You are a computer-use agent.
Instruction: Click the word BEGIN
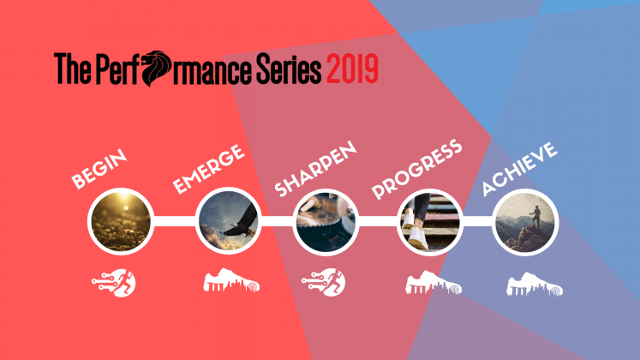99,169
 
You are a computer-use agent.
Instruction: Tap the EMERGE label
208,169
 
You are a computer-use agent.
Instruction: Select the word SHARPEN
315,169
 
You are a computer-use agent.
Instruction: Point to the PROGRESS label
416,169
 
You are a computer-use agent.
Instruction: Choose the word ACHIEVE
519,169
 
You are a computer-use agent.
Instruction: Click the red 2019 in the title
352,69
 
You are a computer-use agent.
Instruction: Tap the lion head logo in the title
156,68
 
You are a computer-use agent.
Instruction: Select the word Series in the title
289,69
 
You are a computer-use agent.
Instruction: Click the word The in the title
72,69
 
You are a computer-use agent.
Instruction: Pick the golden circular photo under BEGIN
121,222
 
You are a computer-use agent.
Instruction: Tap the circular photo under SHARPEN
326,223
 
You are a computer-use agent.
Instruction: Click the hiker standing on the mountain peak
535,218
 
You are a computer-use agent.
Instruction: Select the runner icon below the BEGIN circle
114,283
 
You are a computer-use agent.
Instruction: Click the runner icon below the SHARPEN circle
323,282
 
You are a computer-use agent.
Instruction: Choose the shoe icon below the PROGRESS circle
434,283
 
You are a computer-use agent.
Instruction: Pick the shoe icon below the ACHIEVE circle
535,284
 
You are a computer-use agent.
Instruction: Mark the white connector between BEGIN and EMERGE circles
174,221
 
